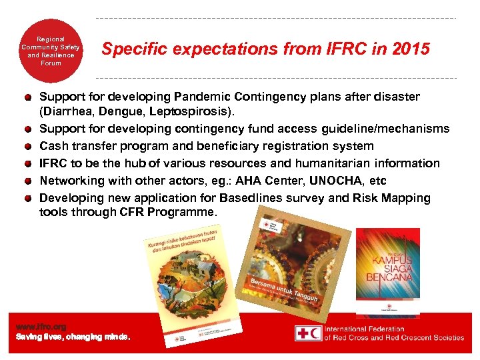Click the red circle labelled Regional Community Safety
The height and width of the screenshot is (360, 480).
(x=51, y=51)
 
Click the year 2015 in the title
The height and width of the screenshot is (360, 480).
(x=411, y=49)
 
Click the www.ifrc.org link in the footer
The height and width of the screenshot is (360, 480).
(x=41, y=327)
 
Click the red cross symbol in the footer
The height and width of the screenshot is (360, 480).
(x=308, y=333)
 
